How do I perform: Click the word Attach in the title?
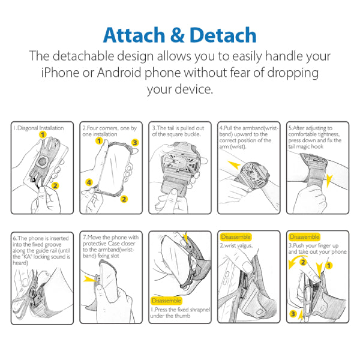(x=134, y=35)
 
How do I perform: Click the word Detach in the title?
(x=223, y=35)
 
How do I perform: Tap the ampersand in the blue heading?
(x=178, y=35)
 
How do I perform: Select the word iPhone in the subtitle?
(x=61, y=73)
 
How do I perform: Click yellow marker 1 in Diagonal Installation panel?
(x=43, y=134)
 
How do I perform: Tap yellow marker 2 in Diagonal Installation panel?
(x=55, y=185)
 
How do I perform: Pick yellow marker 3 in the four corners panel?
(x=135, y=143)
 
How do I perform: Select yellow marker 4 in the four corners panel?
(x=89, y=182)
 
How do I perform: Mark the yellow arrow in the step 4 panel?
(x=234, y=164)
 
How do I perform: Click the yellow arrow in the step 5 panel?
(x=329, y=181)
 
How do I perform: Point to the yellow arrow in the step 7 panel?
(x=90, y=280)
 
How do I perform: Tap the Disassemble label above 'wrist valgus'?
(x=236, y=237)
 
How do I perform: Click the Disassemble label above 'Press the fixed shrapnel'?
(x=166, y=301)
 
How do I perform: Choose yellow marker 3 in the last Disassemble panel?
(x=293, y=314)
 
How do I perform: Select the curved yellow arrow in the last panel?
(x=293, y=260)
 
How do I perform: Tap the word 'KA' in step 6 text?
(x=27, y=257)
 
